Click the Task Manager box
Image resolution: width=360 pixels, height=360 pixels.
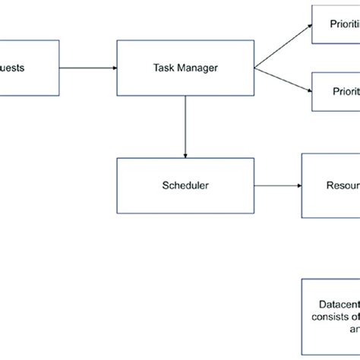185,68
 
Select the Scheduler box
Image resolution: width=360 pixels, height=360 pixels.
185,185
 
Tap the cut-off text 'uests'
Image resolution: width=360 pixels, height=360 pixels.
12,68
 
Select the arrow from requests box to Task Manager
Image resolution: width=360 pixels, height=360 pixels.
87,68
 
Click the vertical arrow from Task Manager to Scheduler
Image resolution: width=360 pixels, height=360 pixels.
185,125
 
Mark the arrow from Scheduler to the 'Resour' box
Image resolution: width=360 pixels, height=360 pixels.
277,185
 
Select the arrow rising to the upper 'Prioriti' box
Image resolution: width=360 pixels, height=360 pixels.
283,47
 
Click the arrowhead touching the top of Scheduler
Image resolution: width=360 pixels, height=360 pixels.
185,154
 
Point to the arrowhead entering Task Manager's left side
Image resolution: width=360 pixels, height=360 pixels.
113,68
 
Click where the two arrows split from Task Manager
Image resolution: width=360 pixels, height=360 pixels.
255,68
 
